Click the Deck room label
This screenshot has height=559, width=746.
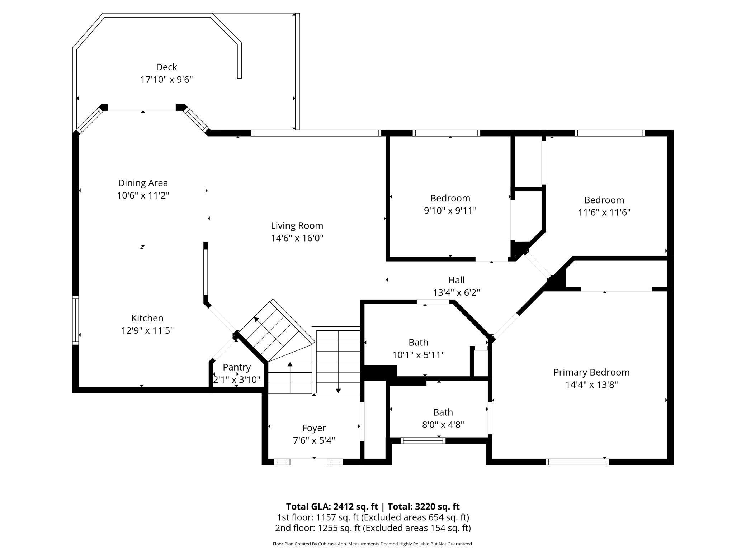click(166, 67)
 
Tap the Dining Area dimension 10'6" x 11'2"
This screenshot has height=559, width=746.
click(143, 195)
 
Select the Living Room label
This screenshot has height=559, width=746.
click(297, 226)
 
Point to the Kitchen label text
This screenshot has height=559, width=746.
click(147, 318)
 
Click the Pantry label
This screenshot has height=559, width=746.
click(237, 367)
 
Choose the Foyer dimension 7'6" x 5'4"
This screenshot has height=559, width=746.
click(314, 440)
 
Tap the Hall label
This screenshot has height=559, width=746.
click(456, 280)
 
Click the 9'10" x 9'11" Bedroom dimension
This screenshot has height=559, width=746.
click(450, 210)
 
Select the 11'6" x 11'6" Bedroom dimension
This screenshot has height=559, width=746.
click(604, 212)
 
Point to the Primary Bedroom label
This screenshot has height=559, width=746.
click(591, 372)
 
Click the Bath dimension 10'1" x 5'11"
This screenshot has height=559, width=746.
click(419, 355)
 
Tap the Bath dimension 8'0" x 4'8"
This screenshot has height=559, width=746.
click(443, 425)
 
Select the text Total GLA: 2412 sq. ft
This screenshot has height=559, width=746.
click(332, 506)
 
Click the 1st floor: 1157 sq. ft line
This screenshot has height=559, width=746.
click(373, 517)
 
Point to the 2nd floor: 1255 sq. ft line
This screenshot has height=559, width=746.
click(373, 528)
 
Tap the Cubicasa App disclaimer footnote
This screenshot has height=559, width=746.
click(373, 544)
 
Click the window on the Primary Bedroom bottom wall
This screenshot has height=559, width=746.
click(577, 462)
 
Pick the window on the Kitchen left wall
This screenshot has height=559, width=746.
click(75, 320)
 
